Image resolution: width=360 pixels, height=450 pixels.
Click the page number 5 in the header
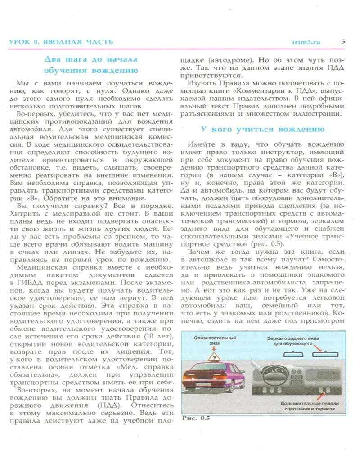coord(343,41)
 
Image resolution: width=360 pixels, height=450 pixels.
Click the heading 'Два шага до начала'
coord(91,59)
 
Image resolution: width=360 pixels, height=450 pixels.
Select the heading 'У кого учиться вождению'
coord(262,129)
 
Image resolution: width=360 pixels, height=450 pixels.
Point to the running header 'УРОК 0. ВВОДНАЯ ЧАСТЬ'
coord(61,42)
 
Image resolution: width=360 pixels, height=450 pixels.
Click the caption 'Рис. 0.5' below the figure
coord(196,418)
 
